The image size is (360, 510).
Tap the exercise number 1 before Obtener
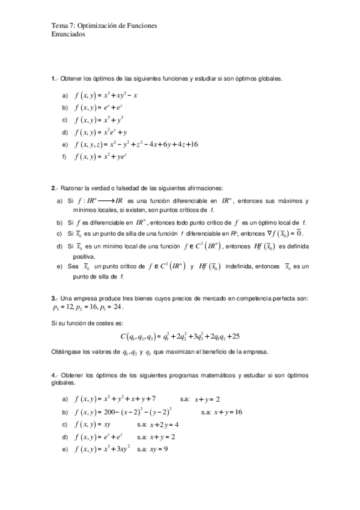[53, 78]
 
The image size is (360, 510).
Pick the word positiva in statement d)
[83, 256]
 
